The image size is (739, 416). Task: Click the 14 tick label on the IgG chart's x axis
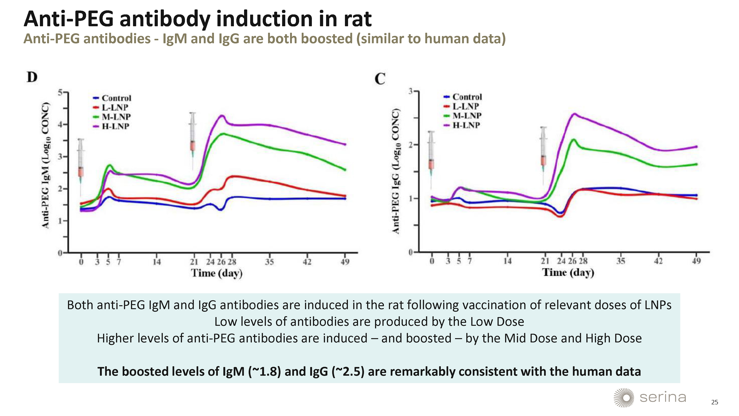pyautogui.click(x=508, y=261)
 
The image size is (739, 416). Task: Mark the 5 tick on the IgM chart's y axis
pyautogui.click(x=60, y=92)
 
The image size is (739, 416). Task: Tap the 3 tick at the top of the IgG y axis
pyautogui.click(x=411, y=91)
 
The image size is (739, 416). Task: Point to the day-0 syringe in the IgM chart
pyautogui.click(x=81, y=164)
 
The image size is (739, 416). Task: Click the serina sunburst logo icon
pyautogui.click(x=624, y=398)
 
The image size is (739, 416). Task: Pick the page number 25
pyautogui.click(x=715, y=402)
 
